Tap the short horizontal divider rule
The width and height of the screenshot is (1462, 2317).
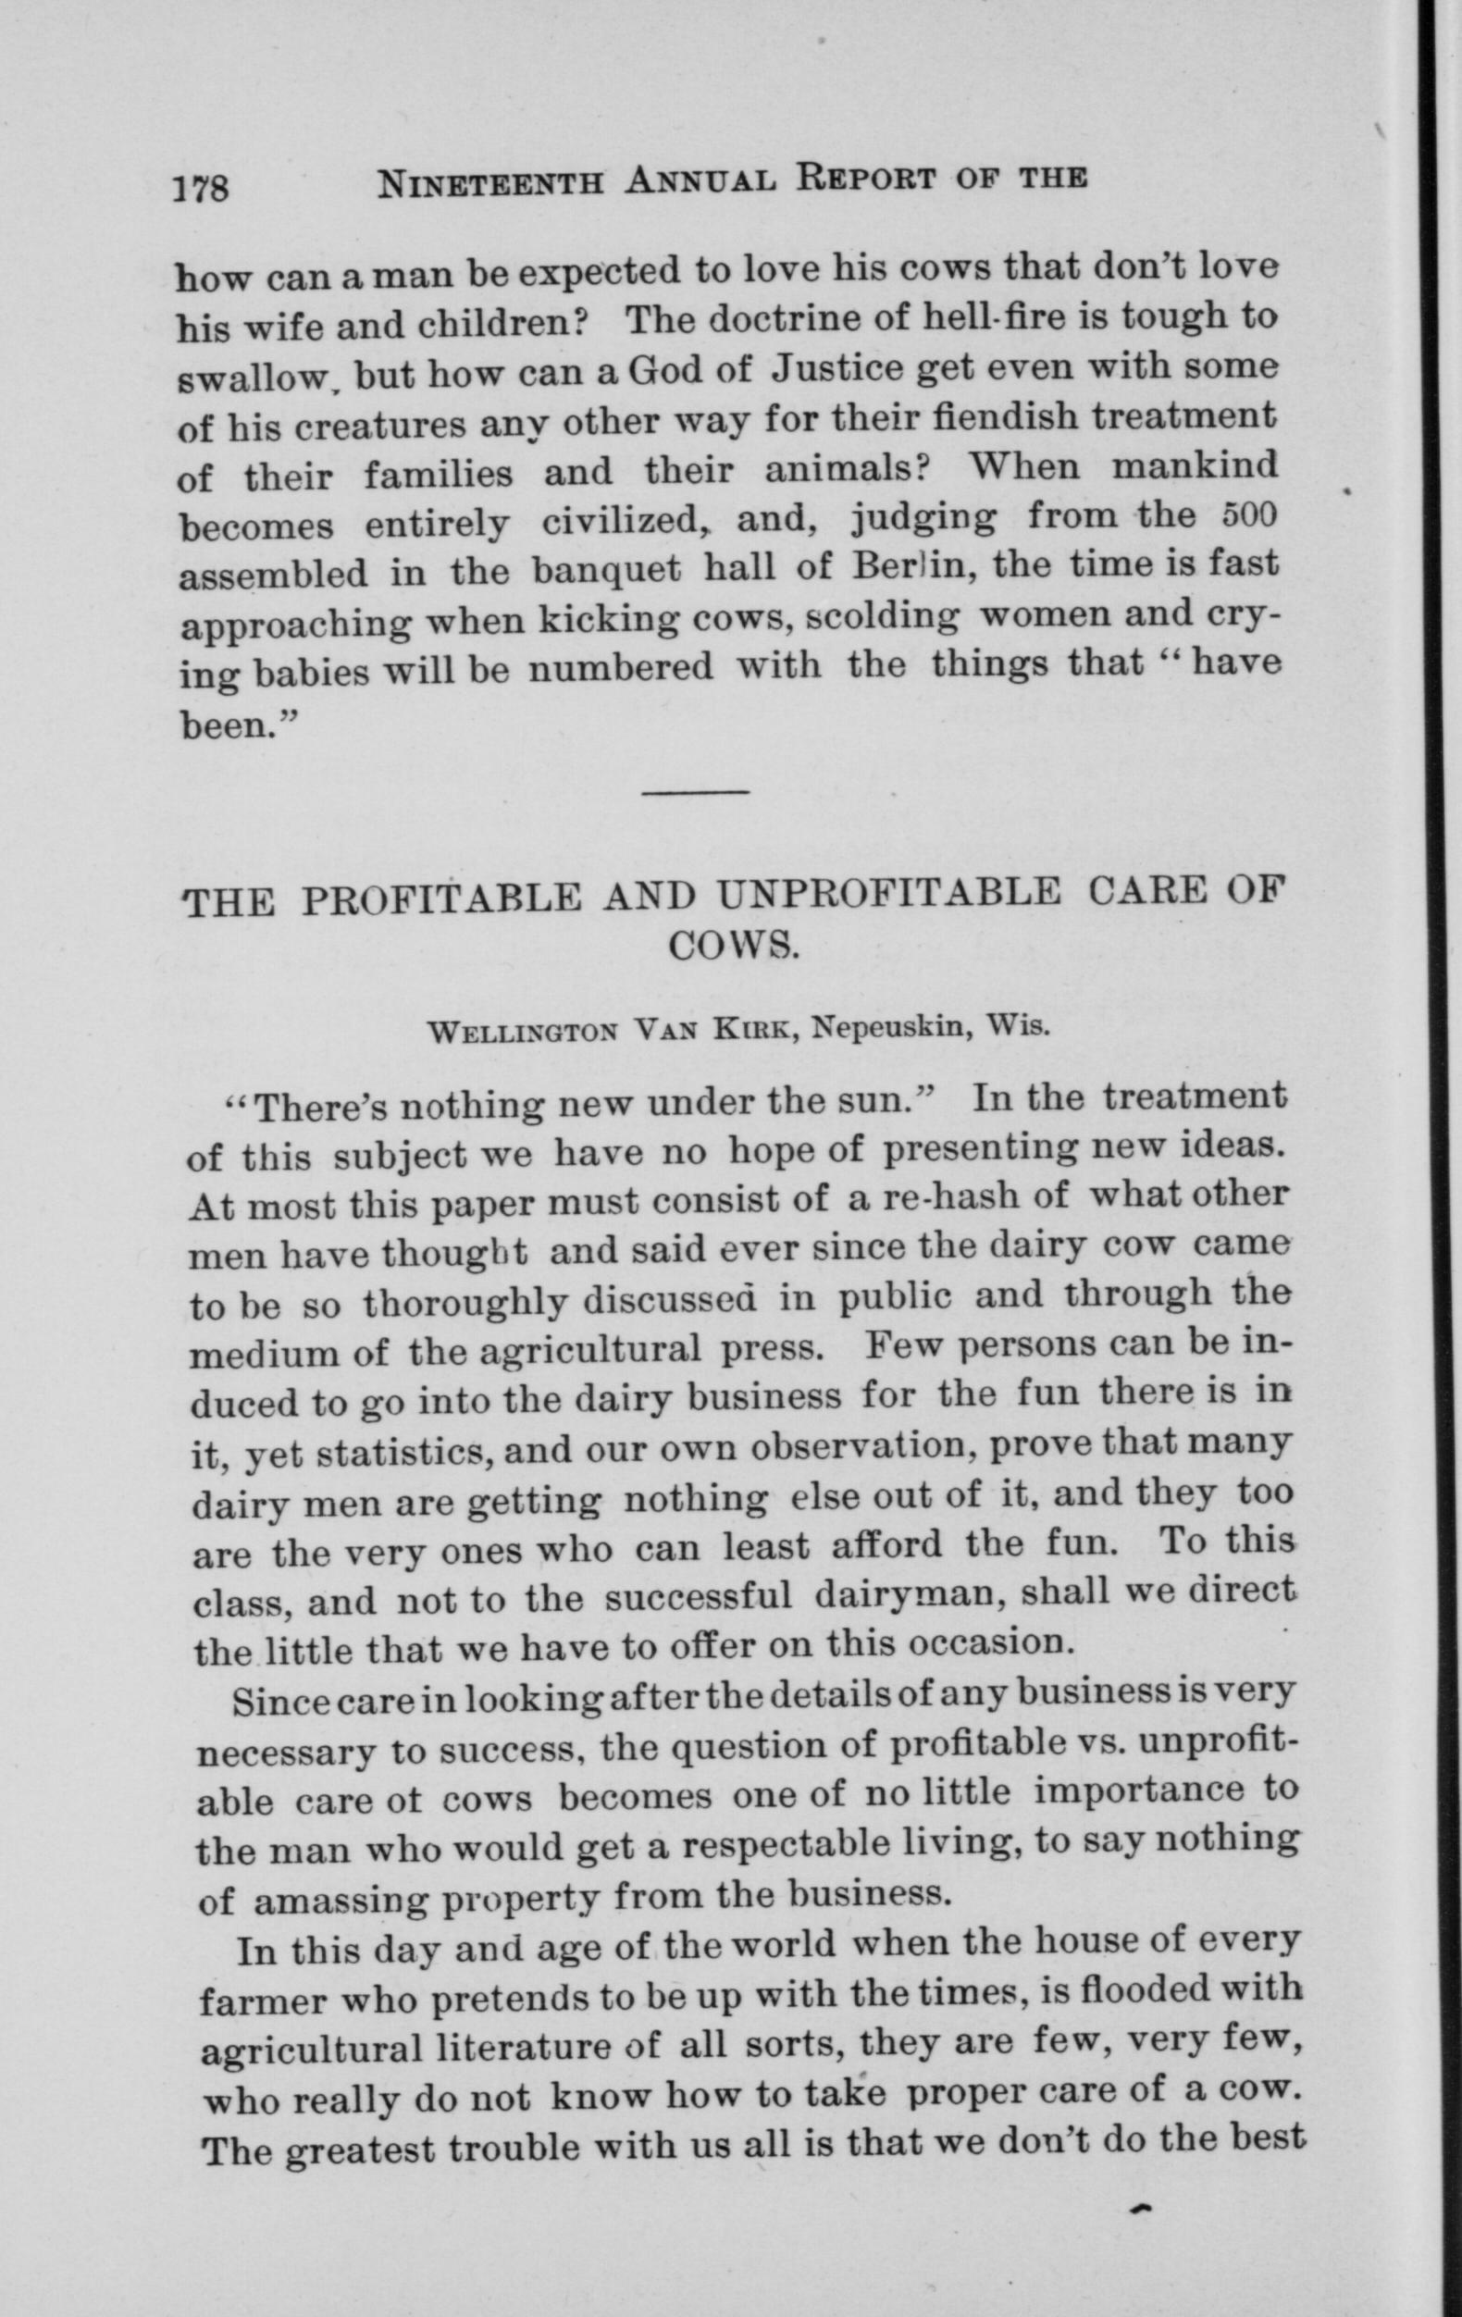coord(695,792)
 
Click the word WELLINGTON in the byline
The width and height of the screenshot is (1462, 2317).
coord(524,1032)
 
